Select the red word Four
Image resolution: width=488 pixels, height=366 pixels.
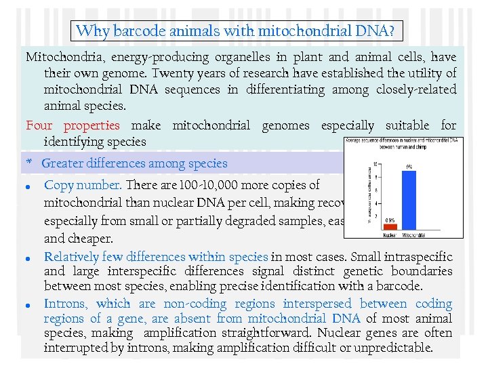pos(39,125)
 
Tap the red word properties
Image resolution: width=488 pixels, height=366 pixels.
pos(91,125)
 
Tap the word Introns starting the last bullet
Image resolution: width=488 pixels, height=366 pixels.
pos(65,304)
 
